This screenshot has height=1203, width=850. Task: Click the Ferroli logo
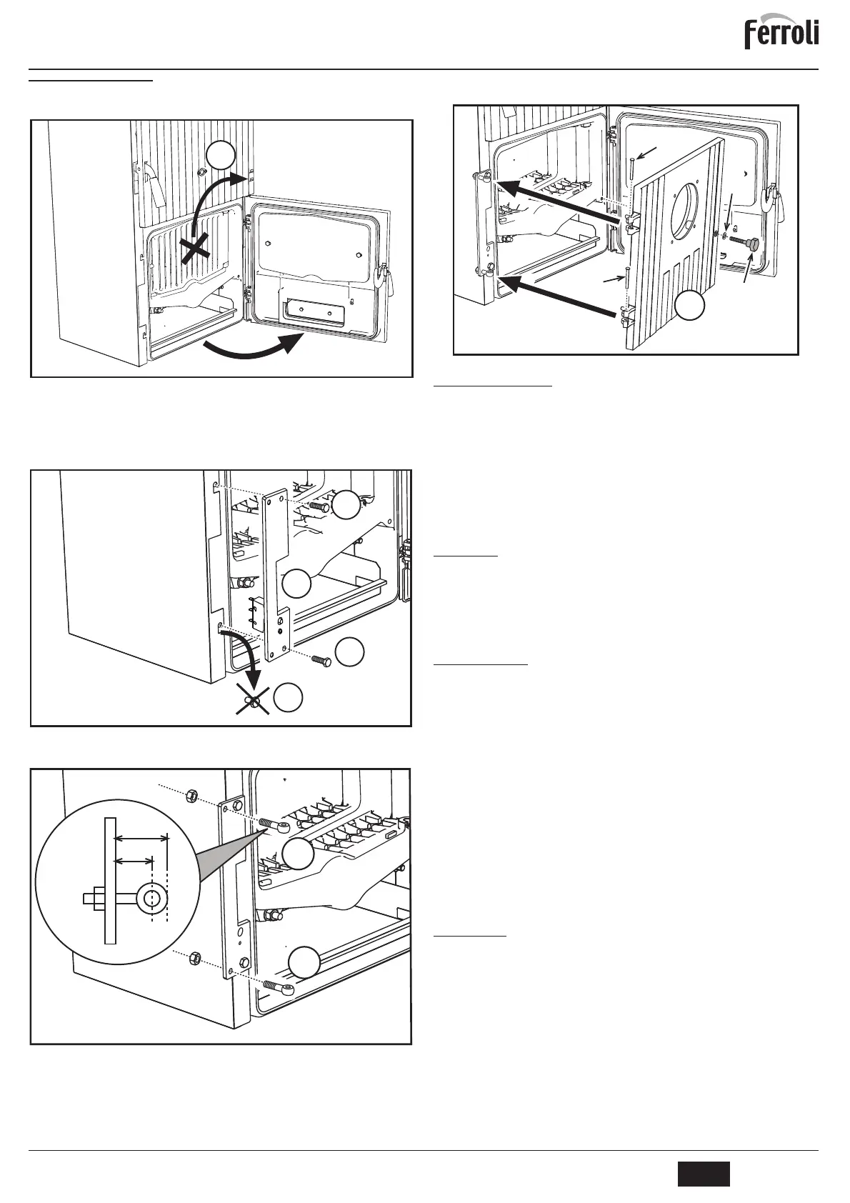[781, 34]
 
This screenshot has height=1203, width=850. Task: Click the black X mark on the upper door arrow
[194, 251]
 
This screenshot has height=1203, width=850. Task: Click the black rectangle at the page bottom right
[704, 1174]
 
